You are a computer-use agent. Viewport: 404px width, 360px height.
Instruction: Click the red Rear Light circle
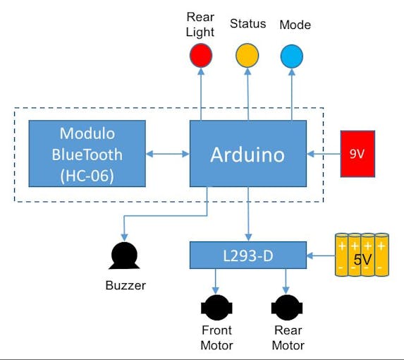click(201, 55)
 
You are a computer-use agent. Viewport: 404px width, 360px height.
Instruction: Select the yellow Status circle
click(247, 55)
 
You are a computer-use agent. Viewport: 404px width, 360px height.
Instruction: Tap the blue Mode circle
click(292, 55)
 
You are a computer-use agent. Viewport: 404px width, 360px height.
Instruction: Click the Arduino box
click(247, 154)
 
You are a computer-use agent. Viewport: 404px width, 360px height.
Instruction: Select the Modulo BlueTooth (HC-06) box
click(87, 154)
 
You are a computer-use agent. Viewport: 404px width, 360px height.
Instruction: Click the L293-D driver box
click(248, 255)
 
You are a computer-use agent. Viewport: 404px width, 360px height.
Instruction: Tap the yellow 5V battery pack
click(362, 255)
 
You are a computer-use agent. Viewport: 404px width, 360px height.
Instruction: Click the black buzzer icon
click(124, 257)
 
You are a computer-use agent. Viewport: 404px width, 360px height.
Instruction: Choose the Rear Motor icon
click(287, 308)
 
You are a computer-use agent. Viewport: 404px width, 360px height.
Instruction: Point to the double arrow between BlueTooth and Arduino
click(168, 154)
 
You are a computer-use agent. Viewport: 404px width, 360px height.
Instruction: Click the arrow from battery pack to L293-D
click(320, 255)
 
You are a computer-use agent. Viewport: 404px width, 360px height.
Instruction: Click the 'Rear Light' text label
click(200, 24)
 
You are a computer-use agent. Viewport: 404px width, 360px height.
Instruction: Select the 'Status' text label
click(247, 24)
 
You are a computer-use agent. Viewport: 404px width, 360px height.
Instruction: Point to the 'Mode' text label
click(295, 25)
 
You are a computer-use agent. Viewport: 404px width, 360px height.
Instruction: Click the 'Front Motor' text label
click(216, 337)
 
